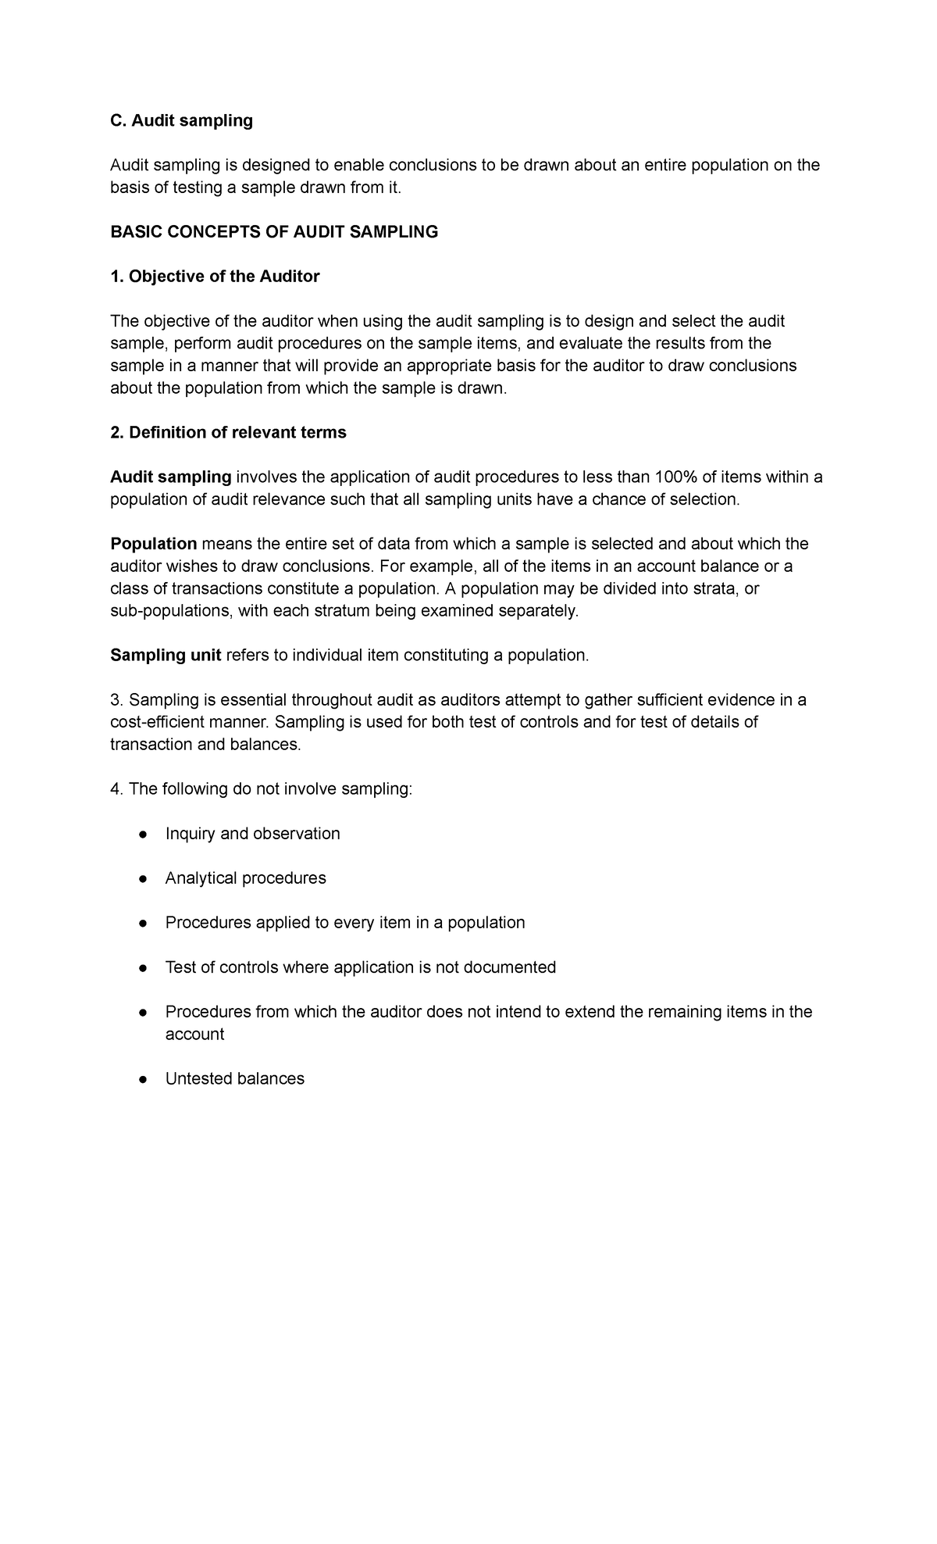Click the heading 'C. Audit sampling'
(x=181, y=120)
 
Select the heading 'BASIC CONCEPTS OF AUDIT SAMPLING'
(x=274, y=232)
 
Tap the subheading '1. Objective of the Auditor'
(x=215, y=277)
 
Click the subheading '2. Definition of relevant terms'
(x=228, y=433)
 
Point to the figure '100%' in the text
(x=670, y=477)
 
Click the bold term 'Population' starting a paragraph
(x=154, y=544)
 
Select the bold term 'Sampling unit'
(x=166, y=656)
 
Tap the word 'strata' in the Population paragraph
(x=714, y=589)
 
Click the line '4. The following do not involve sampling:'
(x=261, y=789)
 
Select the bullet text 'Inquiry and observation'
(x=252, y=834)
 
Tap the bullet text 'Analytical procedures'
(x=245, y=878)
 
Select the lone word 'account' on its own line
(x=194, y=1035)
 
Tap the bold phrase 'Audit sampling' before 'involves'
(x=171, y=477)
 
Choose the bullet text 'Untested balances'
(x=234, y=1079)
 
